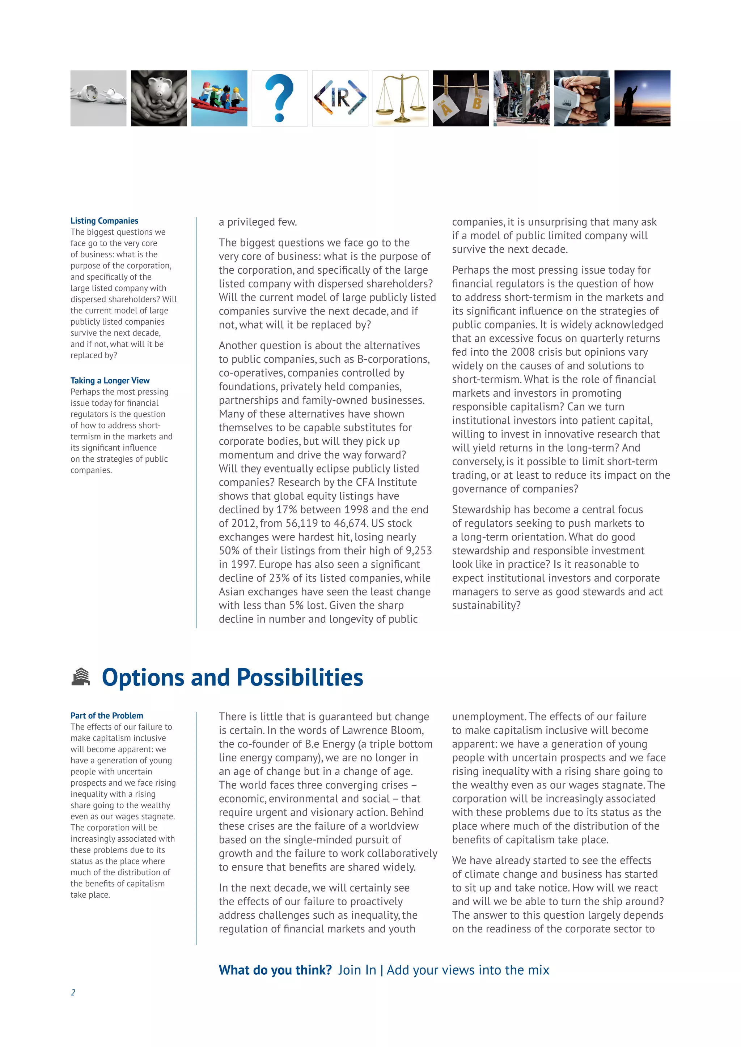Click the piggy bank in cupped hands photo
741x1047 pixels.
tap(159, 98)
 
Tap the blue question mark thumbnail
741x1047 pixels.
tap(279, 98)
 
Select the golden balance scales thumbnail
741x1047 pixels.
tap(400, 98)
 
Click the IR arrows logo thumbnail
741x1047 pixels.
tap(340, 98)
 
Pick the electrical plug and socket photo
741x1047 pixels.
tap(98, 98)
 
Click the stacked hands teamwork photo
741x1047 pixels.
tap(581, 98)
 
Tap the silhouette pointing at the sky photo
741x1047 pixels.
tap(642, 98)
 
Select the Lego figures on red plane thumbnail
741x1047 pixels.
tap(219, 98)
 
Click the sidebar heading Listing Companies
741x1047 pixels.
tap(104, 221)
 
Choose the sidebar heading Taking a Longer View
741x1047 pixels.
tap(110, 380)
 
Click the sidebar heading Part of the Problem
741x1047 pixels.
tap(106, 715)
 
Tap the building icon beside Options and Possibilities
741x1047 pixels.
tap(81, 677)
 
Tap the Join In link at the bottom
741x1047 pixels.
tap(357, 970)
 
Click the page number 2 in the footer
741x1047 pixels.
tap(73, 992)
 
